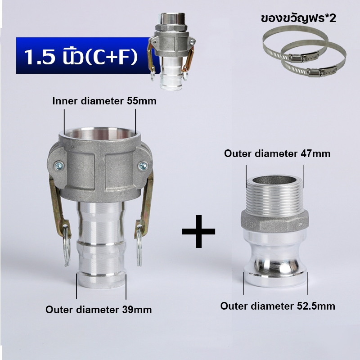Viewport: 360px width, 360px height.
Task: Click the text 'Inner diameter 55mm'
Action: (104, 101)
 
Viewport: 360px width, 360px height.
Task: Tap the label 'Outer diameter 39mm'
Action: (99, 310)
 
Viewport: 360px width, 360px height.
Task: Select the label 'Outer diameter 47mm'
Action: (277, 153)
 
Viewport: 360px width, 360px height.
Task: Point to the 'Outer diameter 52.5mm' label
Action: (278, 306)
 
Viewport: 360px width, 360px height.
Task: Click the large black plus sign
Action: (198, 231)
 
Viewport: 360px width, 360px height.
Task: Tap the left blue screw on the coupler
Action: (59, 166)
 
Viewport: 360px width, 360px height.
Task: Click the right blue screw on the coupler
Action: (143, 166)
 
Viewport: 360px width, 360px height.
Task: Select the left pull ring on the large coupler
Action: (67, 246)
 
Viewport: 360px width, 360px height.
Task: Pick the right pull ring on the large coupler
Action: (139, 246)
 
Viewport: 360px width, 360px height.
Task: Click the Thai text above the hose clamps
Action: (298, 18)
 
